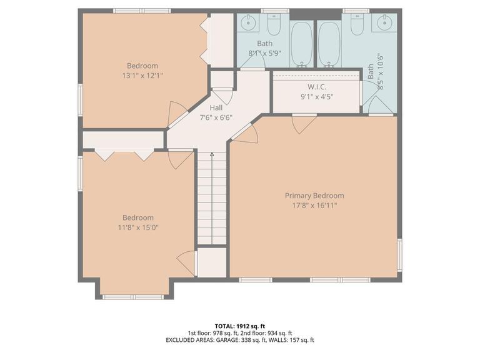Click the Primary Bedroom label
point(314,196)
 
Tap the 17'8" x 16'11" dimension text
point(314,205)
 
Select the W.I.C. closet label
point(317,86)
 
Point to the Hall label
point(216,108)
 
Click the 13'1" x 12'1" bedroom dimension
point(142,75)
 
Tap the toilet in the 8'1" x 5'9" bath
point(273,26)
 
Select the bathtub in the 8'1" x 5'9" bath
point(302,43)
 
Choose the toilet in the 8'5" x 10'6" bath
point(356,26)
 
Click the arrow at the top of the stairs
point(211,154)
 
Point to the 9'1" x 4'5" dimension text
point(317,96)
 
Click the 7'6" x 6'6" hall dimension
point(216,117)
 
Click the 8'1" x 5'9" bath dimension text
point(264,53)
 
